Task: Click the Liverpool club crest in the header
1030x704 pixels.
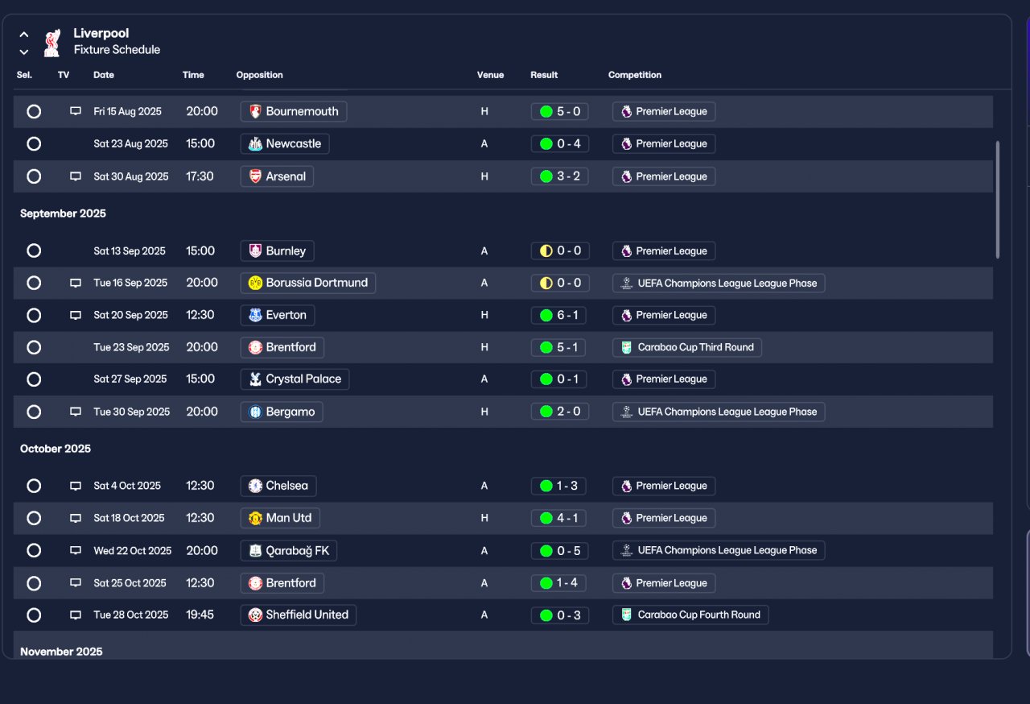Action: coord(52,43)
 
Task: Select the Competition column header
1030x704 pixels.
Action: coord(635,75)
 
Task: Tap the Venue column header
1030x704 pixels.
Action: coord(490,75)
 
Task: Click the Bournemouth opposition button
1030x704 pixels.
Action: coord(294,111)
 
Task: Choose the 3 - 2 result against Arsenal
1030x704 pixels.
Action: coord(559,176)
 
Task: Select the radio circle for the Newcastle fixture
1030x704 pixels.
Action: coord(34,144)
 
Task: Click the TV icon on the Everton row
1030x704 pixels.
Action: coord(76,315)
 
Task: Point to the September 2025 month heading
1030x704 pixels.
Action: coord(63,213)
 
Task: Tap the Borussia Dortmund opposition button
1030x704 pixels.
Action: coord(307,283)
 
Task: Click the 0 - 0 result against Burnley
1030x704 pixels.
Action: coord(560,251)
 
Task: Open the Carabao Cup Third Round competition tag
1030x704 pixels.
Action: coord(687,347)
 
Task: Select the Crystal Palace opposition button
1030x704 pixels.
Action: coord(295,379)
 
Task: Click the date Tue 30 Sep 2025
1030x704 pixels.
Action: coord(131,412)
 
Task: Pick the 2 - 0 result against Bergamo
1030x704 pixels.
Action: coord(559,412)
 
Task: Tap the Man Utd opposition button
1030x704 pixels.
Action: coord(280,518)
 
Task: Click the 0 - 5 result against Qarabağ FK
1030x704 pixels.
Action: coord(559,551)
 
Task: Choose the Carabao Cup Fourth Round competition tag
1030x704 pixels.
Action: coord(690,615)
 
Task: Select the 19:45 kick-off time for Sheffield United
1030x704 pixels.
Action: coord(200,615)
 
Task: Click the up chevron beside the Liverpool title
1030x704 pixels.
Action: coord(24,35)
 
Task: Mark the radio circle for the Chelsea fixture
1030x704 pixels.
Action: coord(34,486)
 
